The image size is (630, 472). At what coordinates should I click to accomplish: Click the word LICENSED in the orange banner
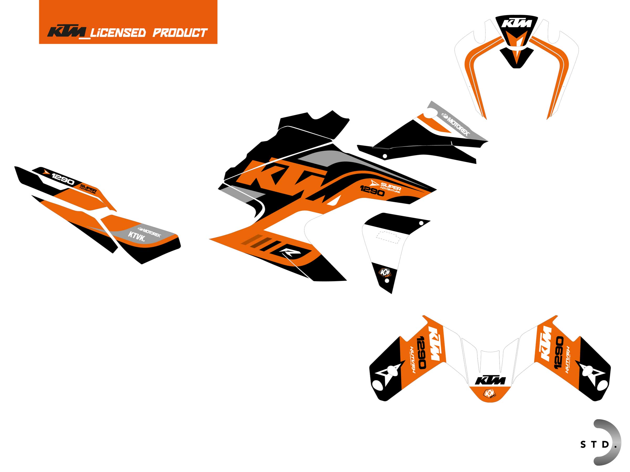[x=118, y=33]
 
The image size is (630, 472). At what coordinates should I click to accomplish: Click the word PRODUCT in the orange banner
[x=180, y=33]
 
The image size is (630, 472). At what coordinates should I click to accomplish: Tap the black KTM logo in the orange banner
[x=67, y=32]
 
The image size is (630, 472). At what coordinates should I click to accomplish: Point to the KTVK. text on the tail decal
[x=137, y=236]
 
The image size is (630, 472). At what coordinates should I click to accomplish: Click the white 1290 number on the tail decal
[x=63, y=179]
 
